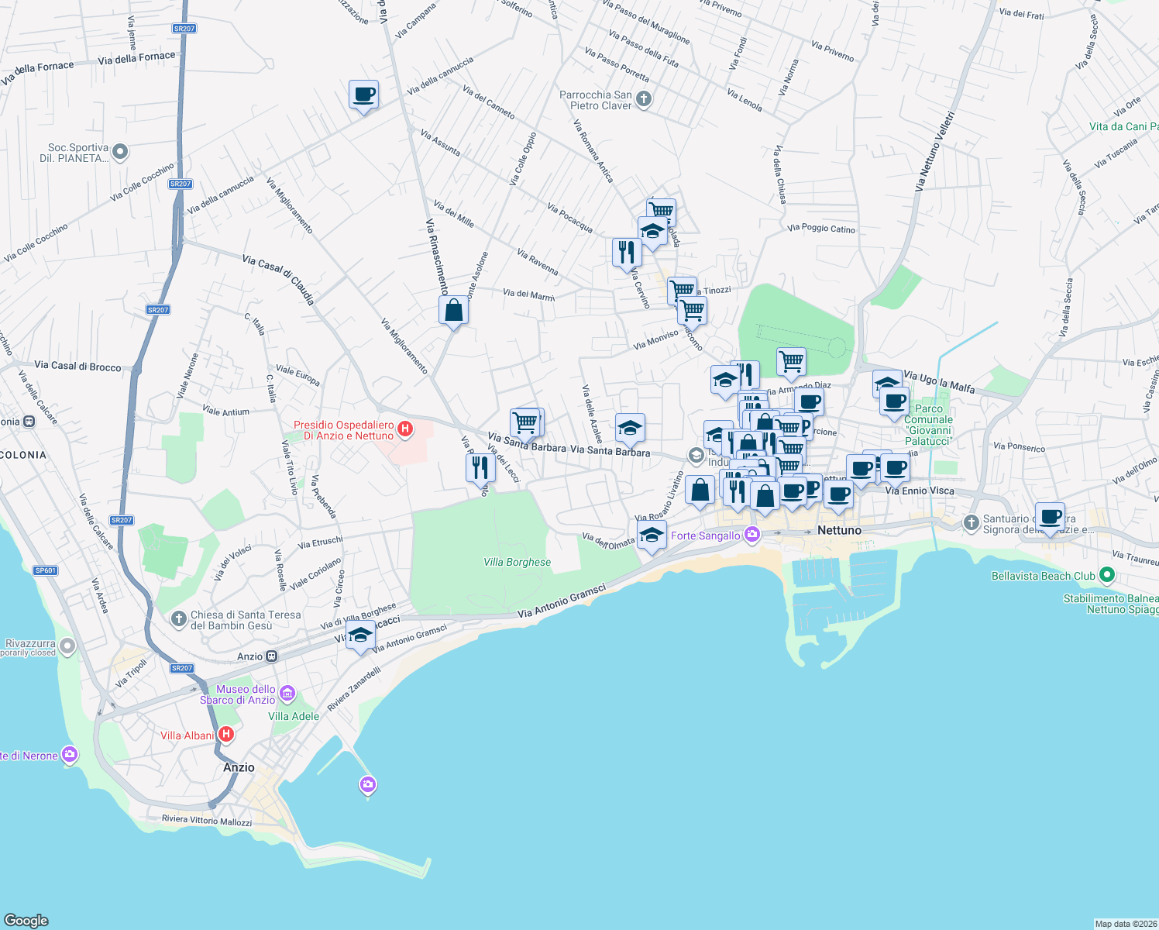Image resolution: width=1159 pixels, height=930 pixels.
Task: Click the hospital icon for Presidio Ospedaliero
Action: (404, 429)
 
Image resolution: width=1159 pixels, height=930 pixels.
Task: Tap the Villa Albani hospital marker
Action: (225, 734)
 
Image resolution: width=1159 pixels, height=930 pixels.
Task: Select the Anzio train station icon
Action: (271, 656)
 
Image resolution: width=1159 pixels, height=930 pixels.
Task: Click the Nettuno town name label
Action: (839, 530)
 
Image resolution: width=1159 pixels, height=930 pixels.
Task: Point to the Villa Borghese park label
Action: (517, 562)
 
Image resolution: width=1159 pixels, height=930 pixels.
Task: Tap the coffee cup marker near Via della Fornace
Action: (363, 95)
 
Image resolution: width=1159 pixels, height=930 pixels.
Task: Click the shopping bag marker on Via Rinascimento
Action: (453, 311)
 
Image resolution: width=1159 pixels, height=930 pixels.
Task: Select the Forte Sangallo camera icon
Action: (751, 535)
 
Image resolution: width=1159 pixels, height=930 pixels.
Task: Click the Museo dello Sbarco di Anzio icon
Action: (287, 693)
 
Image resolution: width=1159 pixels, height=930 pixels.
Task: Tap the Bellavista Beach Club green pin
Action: (1106, 575)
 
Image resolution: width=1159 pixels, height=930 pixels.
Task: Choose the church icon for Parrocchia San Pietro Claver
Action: (644, 99)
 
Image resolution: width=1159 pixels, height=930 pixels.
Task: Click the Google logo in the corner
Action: (26, 920)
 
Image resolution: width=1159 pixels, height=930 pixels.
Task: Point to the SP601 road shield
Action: (45, 570)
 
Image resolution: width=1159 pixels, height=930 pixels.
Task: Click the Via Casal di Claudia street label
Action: (278, 279)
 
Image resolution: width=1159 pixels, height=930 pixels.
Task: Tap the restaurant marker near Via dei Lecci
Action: (480, 468)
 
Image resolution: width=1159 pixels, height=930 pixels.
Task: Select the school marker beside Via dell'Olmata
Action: (652, 535)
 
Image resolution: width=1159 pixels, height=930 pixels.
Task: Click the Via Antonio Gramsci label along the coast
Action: (561, 601)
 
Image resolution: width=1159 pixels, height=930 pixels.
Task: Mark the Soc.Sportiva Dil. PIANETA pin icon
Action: (119, 152)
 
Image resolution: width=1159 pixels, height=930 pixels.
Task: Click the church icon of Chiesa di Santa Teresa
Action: (179, 619)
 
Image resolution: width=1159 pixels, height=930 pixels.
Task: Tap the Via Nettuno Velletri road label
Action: (934, 151)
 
